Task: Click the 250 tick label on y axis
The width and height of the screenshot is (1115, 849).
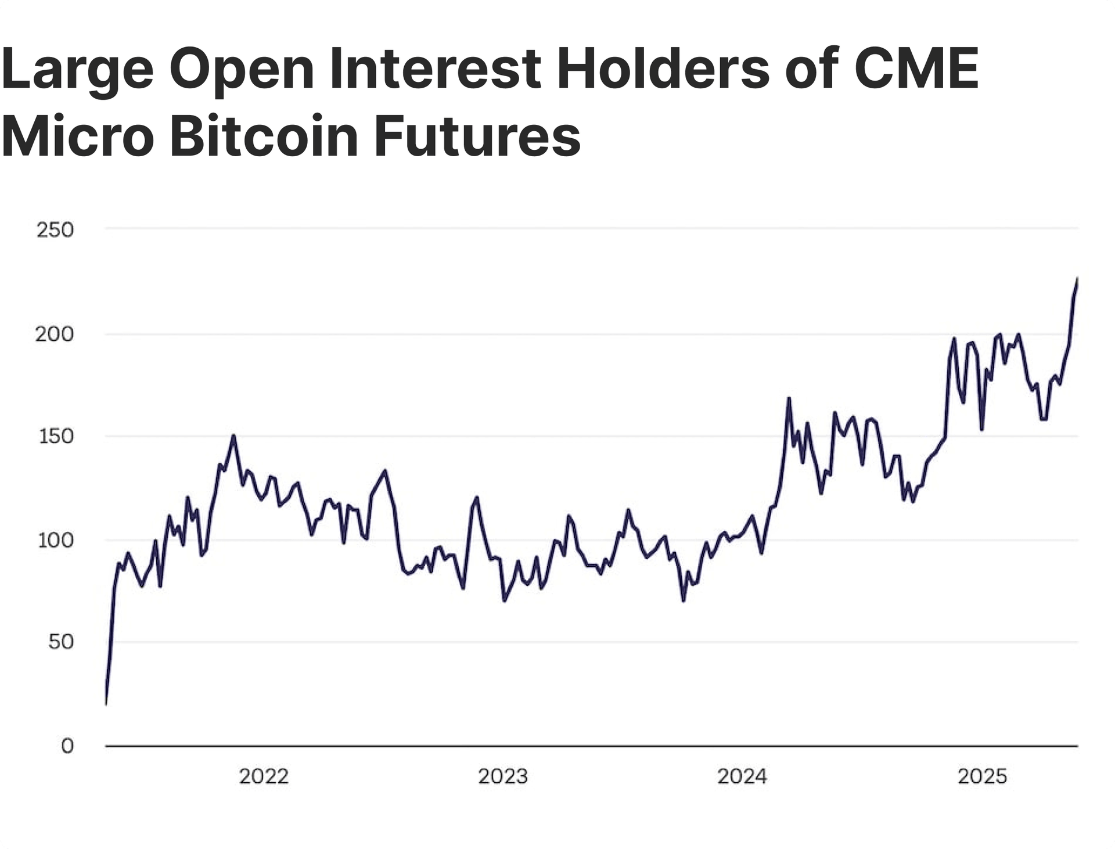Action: [55, 231]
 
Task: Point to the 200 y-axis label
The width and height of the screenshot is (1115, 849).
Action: [55, 334]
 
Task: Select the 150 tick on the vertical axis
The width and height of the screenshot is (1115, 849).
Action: [56, 437]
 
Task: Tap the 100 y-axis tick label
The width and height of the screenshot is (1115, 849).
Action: [56, 541]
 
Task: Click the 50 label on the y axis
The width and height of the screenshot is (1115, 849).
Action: [60, 642]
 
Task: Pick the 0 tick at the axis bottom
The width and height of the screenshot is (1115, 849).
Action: [67, 746]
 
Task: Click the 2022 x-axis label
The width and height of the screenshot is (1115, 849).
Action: [264, 776]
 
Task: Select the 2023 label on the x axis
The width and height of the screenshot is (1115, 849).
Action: [503, 776]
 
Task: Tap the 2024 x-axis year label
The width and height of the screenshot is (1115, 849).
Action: [742, 776]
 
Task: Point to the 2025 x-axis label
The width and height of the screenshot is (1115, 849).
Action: [982, 776]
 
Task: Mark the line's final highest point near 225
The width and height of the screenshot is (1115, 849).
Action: [1077, 279]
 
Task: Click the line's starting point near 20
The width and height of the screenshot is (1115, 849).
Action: [106, 704]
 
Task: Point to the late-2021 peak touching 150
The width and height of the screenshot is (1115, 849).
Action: [233, 436]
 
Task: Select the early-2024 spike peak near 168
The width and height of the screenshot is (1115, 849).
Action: [789, 398]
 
